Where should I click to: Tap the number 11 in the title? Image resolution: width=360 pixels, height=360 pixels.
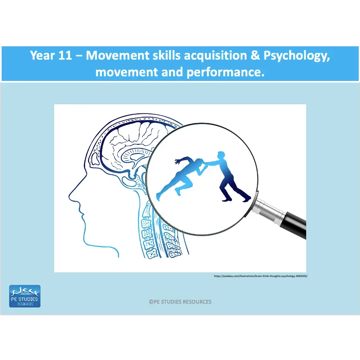click(65, 56)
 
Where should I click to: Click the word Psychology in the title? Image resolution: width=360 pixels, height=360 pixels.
click(296, 56)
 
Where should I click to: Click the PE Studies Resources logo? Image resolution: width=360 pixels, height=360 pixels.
click(25, 296)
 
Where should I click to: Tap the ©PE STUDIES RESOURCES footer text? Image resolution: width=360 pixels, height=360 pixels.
click(180, 302)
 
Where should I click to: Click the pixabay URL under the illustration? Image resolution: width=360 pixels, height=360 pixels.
click(261, 276)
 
